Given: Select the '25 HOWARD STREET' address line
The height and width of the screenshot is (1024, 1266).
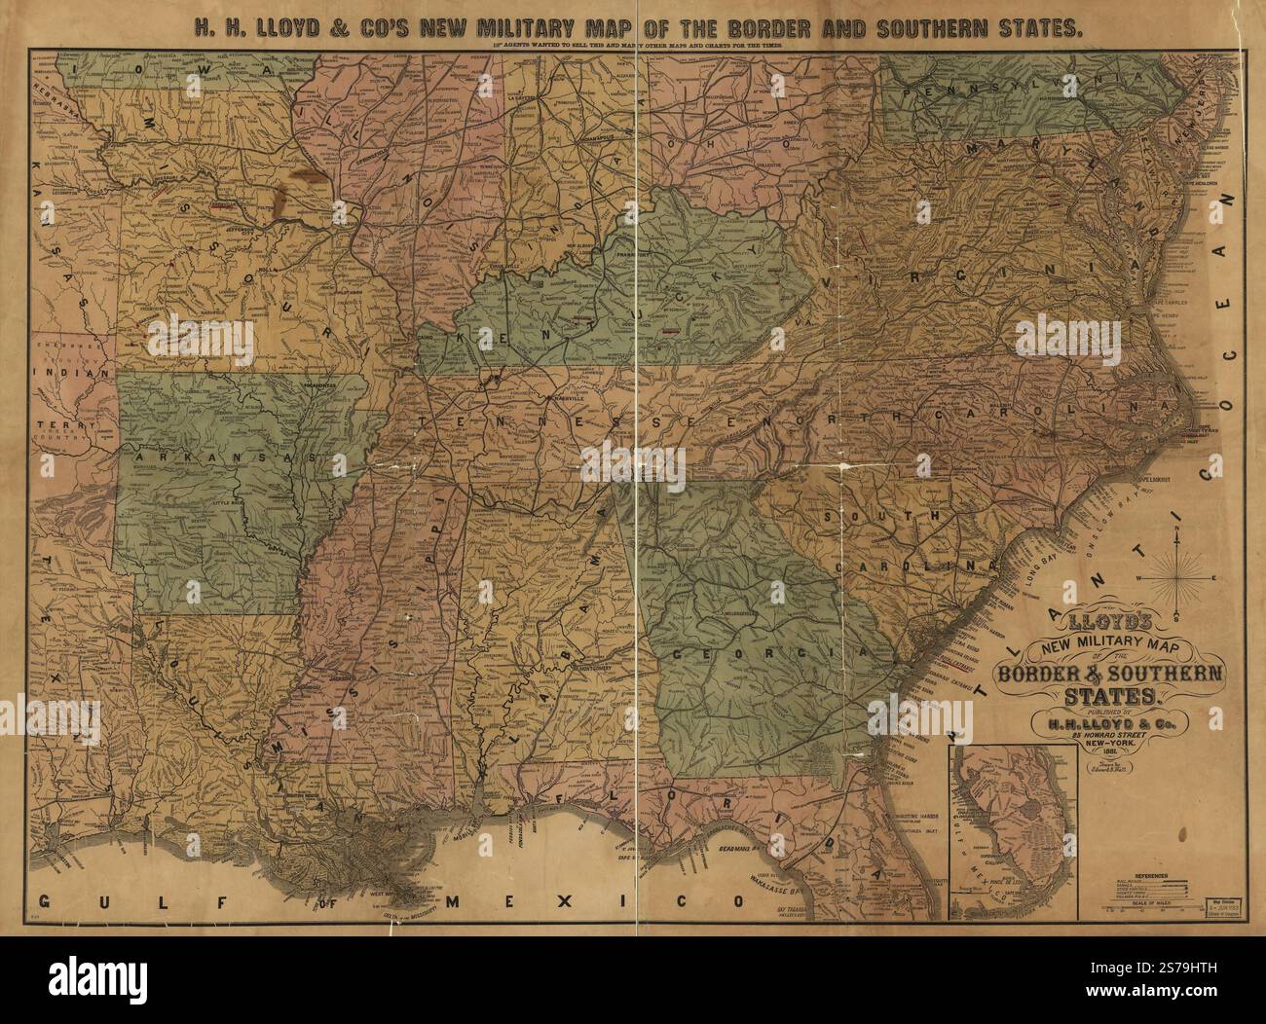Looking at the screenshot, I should tap(1115, 735).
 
